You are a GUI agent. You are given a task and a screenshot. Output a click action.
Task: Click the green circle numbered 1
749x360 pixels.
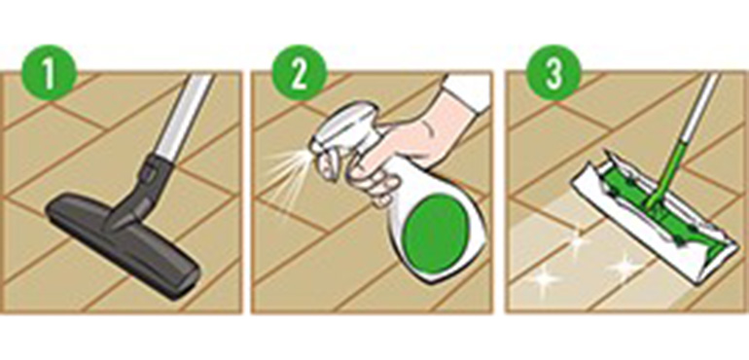(49, 72)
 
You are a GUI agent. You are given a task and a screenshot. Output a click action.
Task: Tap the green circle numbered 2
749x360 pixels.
(299, 72)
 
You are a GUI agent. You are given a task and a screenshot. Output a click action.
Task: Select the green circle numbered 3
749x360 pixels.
(553, 72)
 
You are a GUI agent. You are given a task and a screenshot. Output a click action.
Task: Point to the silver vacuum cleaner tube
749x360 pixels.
(185, 117)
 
